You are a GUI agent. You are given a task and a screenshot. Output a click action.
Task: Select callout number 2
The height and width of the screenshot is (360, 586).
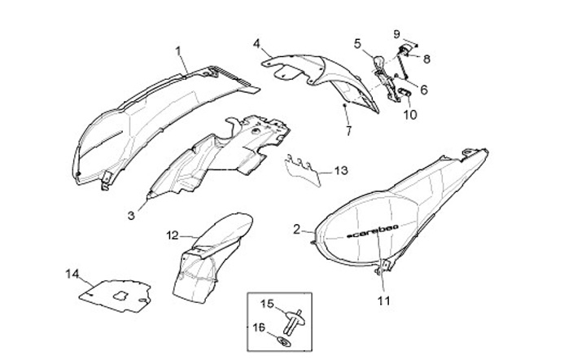pyautogui.click(x=297, y=229)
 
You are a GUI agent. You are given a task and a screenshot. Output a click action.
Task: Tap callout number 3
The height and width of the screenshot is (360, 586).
pyautogui.click(x=131, y=215)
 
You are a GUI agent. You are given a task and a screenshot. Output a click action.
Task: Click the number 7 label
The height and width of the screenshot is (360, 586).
pyautogui.click(x=348, y=130)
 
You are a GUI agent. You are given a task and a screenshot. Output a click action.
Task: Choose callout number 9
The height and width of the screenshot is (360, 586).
pyautogui.click(x=397, y=34)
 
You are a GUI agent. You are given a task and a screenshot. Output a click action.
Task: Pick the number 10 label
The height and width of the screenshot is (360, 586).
pyautogui.click(x=409, y=115)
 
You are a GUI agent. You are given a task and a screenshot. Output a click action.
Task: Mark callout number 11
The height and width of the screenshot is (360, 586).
pyautogui.click(x=383, y=300)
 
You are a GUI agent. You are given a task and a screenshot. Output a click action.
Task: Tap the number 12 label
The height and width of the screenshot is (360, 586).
pyautogui.click(x=173, y=235)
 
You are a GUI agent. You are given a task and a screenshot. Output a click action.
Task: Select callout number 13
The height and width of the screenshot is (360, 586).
pyautogui.click(x=340, y=171)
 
